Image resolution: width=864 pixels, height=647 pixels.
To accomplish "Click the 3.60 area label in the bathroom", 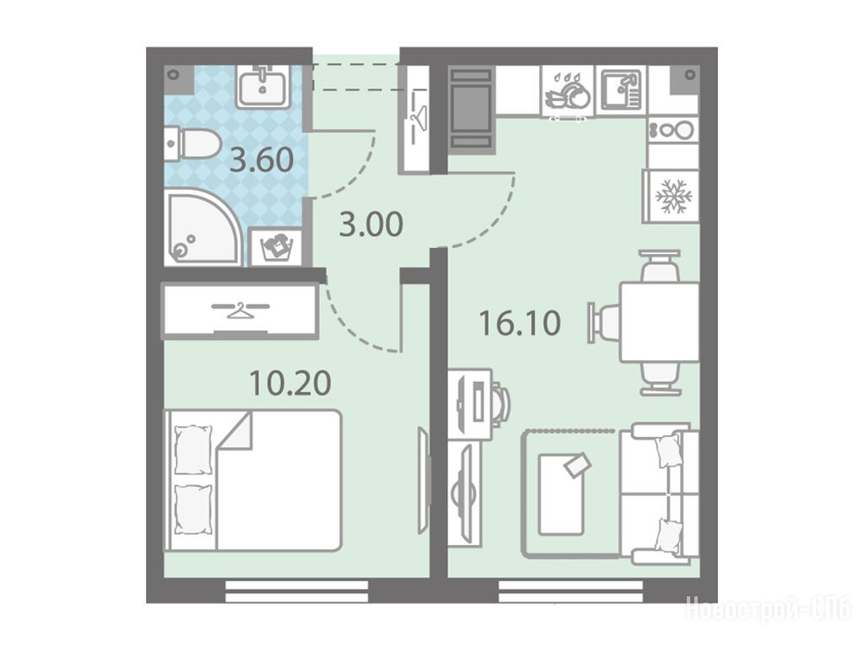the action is point(262,161).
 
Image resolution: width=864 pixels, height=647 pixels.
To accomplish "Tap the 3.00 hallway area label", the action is point(371,225).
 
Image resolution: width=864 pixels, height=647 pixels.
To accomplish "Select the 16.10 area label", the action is point(520,323).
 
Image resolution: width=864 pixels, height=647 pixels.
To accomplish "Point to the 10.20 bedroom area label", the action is point(290,383).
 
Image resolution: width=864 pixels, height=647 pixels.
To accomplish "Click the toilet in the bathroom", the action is point(191,144).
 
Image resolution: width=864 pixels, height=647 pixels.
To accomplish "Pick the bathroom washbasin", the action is point(262,86).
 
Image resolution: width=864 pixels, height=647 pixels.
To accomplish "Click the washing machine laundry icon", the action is point(276,248).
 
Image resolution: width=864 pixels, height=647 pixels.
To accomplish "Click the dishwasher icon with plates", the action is point(568,92).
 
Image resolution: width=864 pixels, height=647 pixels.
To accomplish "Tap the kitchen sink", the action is point(621,91).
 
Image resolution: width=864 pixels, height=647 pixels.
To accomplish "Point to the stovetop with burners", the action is point(672,130).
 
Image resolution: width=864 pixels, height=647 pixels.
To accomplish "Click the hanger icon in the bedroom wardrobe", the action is point(240,310).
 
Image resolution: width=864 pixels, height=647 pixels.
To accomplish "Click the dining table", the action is point(659,322).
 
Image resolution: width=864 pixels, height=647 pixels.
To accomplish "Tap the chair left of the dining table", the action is point(604,322).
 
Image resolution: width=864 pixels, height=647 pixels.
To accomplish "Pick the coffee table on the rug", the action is point(561,493).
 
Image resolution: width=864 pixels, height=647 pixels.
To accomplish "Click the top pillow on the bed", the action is point(193,449).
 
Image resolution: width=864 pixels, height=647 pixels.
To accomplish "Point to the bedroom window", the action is point(296,590).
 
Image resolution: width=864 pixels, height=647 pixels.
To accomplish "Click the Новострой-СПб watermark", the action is point(768,610).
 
